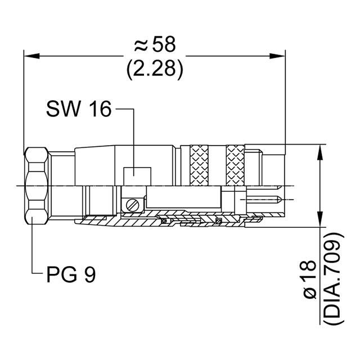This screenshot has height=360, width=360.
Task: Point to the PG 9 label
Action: (71, 275)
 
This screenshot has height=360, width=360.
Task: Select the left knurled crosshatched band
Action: (198, 165)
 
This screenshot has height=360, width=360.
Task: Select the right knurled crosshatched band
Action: (235, 165)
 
